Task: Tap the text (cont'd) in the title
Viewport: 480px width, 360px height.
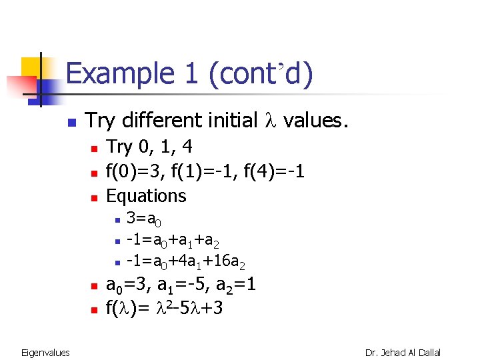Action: (260, 74)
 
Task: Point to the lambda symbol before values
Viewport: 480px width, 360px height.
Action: (271, 121)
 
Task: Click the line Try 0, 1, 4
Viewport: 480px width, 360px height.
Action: (149, 147)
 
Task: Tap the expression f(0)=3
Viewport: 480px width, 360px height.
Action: (135, 171)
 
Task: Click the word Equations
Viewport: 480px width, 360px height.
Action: (147, 196)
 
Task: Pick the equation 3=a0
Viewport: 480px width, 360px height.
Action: (144, 219)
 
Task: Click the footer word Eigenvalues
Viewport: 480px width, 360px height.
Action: (45, 352)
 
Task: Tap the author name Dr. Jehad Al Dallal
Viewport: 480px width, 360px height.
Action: (403, 352)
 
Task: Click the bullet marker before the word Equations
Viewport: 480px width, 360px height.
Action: (94, 197)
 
